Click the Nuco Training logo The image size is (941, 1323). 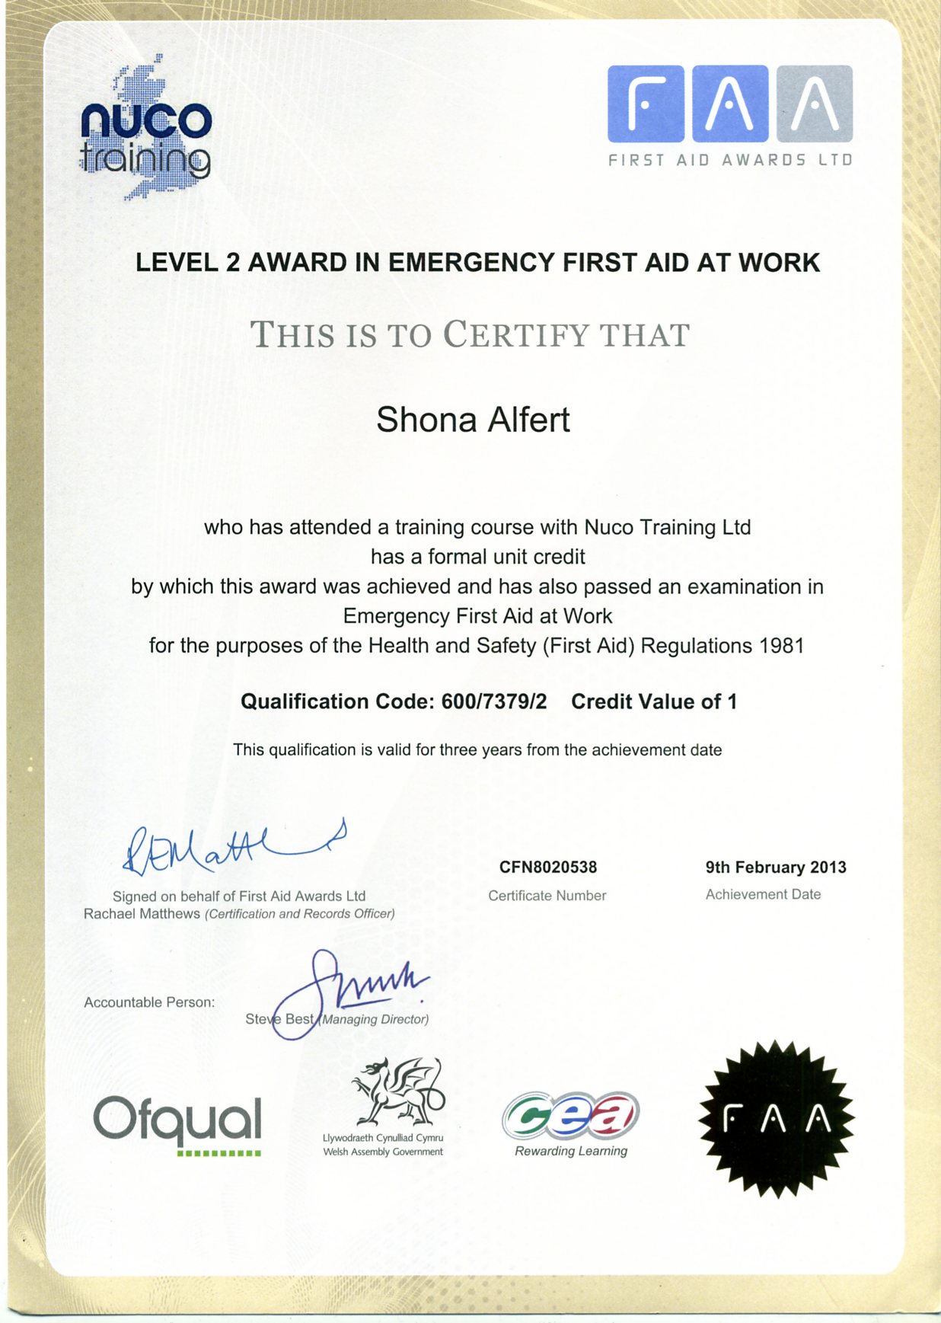pyautogui.click(x=145, y=129)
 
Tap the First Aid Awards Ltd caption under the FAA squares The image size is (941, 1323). pyautogui.click(x=729, y=160)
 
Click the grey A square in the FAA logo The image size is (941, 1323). pyautogui.click(x=815, y=104)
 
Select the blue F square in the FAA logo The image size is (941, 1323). pyautogui.click(x=646, y=104)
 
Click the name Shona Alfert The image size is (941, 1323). pyautogui.click(x=473, y=420)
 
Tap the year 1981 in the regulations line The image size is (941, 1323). pyautogui.click(x=782, y=646)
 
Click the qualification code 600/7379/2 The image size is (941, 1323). pyautogui.click(x=494, y=701)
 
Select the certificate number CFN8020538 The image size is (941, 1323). pyautogui.click(x=547, y=867)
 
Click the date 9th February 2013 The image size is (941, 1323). pyautogui.click(x=775, y=867)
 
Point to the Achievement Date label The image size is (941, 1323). pyautogui.click(x=763, y=894)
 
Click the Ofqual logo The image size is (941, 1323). pyautogui.click(x=177, y=1122)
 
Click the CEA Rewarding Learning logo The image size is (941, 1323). pyautogui.click(x=570, y=1123)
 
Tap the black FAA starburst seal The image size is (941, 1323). pyautogui.click(x=776, y=1118)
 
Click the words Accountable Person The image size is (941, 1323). pyautogui.click(x=149, y=1002)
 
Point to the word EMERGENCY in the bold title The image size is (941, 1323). pyautogui.click(x=471, y=263)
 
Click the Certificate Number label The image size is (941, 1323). pyautogui.click(x=547, y=896)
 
